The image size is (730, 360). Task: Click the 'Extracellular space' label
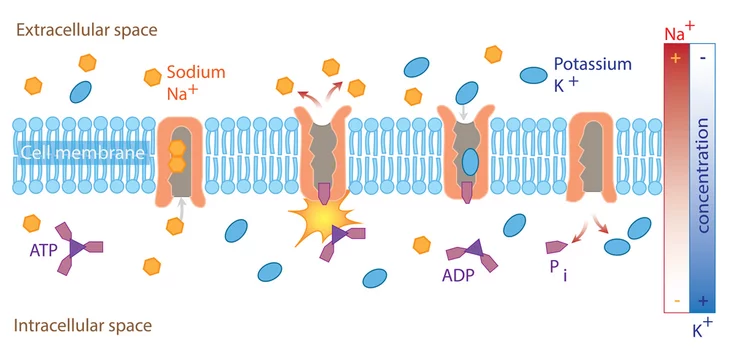(87, 30)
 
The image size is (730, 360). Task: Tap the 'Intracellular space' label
(83, 325)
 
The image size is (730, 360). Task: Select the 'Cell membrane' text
(83, 152)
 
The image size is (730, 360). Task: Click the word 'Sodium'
(196, 72)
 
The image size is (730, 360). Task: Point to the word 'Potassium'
(592, 64)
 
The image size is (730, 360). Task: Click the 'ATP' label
(43, 250)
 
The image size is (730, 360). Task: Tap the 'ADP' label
(458, 275)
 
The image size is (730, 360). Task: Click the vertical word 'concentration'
(702, 175)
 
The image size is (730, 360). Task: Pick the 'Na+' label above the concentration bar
(679, 32)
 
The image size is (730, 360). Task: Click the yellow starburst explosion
(324, 217)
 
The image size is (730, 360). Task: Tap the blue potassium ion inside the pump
(470, 161)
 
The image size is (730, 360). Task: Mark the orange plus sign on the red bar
(676, 58)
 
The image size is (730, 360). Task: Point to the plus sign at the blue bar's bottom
(703, 301)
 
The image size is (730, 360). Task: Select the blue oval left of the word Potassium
(533, 75)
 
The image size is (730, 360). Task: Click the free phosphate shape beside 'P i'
(556, 247)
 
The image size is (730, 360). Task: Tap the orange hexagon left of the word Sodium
(152, 77)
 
